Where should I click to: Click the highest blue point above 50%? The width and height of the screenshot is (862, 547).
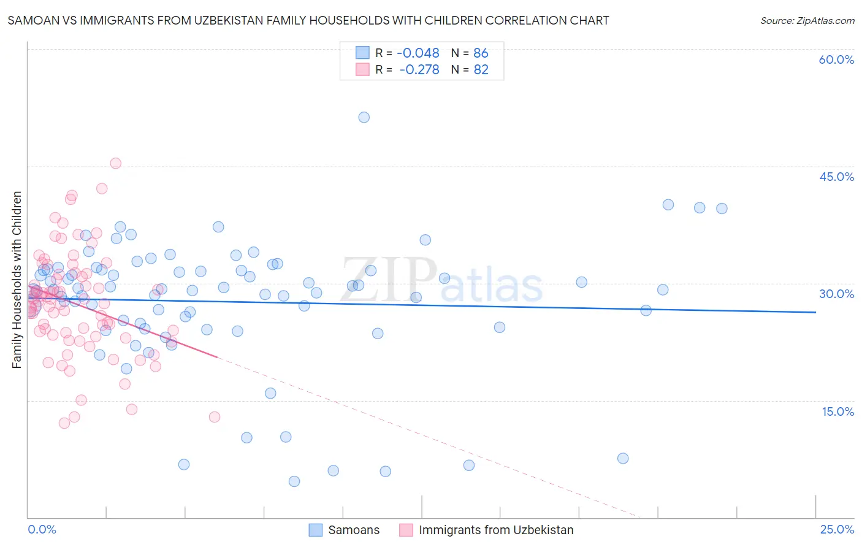pos(364,117)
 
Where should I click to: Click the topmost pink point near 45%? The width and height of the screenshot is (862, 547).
pos(115,163)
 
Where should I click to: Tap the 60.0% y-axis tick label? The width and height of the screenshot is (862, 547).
pos(836,59)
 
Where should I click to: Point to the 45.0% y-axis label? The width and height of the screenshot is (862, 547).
pos(836,177)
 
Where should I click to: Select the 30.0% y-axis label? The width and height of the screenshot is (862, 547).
pos(836,294)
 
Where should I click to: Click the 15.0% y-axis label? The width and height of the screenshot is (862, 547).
pos(837,411)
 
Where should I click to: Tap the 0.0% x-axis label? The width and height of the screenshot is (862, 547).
pos(42,529)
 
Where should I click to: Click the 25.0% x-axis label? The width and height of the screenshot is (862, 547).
pos(837,529)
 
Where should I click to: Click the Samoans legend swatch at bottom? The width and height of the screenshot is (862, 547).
pos(315,530)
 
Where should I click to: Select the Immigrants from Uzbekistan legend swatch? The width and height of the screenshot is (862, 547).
pos(406,530)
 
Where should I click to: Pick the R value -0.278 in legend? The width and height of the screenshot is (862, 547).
pos(419,70)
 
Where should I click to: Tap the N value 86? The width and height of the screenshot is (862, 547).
pos(481,53)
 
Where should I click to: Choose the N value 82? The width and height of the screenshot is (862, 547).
pos(481,70)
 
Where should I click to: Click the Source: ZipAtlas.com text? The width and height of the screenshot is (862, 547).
pos(807,21)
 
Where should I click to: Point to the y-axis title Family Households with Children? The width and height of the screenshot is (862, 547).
pos(17,280)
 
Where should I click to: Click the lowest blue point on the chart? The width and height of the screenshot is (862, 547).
pos(294,481)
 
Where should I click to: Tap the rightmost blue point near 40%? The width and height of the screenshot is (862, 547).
pos(722,208)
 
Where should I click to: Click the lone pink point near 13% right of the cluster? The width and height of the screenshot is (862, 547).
pos(215,417)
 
